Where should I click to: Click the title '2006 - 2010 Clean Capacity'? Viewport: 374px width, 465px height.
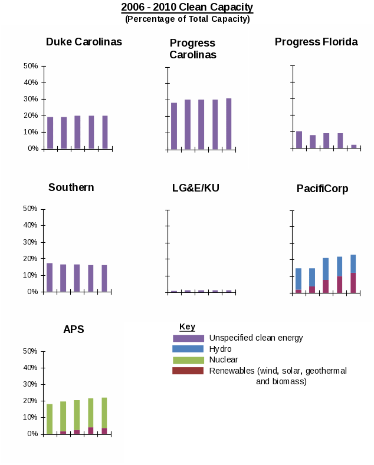pyautogui.click(x=187, y=7)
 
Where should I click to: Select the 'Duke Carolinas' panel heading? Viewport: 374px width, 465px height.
pyautogui.click(x=84, y=42)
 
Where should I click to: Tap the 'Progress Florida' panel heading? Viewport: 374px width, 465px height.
pyautogui.click(x=316, y=42)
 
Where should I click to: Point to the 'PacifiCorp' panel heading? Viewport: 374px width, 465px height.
pyautogui.click(x=322, y=189)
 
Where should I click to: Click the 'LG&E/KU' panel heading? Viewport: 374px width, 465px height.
pyautogui.click(x=195, y=188)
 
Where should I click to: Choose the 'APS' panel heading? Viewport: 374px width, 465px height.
pyautogui.click(x=74, y=329)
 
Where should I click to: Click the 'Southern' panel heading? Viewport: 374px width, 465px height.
pyautogui.click(x=71, y=187)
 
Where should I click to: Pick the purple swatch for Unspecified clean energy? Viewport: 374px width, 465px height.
pyautogui.click(x=188, y=338)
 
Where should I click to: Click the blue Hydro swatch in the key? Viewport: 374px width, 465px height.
pyautogui.click(x=188, y=349)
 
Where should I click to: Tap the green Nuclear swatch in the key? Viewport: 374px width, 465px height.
pyautogui.click(x=188, y=360)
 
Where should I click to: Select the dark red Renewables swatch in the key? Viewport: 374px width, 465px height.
pyautogui.click(x=188, y=371)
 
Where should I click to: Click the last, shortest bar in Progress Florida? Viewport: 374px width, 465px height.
pyautogui.click(x=353, y=146)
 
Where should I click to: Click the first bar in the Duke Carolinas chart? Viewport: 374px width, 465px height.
pyautogui.click(x=50, y=133)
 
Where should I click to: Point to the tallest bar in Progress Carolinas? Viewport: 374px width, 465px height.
pyautogui.click(x=228, y=124)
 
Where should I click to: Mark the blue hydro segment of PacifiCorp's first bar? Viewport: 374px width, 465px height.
pyautogui.click(x=298, y=279)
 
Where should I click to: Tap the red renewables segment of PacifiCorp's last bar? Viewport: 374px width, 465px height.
pyautogui.click(x=353, y=282)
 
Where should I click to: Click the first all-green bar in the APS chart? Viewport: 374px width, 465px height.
pyautogui.click(x=50, y=418)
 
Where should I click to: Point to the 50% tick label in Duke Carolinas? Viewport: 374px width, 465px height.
pyautogui.click(x=30, y=66)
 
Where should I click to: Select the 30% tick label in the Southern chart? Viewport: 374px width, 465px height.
pyautogui.click(x=30, y=242)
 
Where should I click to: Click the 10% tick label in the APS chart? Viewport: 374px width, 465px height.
pyautogui.click(x=30, y=417)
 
